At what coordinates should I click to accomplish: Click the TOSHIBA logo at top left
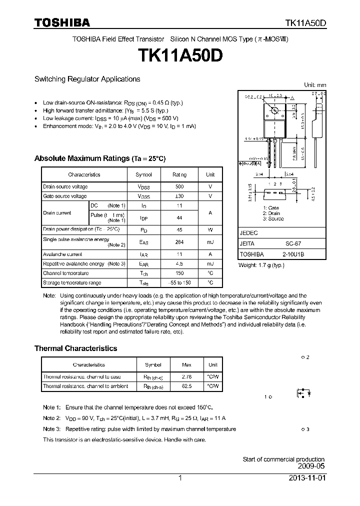(x=62, y=22)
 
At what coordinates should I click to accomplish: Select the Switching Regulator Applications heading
(x=87, y=79)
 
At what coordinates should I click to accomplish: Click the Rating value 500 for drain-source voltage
(x=179, y=186)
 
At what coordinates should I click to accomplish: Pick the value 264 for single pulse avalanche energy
(x=179, y=242)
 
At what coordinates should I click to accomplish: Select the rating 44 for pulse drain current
(x=179, y=218)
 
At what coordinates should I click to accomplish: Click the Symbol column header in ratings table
(x=143, y=174)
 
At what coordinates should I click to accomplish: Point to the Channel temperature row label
(x=65, y=273)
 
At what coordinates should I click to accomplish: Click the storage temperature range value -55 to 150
(x=179, y=282)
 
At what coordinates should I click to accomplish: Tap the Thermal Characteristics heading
(x=75, y=348)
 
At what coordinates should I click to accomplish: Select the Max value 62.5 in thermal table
(x=186, y=386)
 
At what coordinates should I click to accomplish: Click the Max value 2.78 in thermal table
(x=186, y=376)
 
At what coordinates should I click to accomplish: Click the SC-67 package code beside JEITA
(x=293, y=243)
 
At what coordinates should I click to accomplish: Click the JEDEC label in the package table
(x=248, y=233)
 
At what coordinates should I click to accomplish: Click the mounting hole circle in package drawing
(x=274, y=110)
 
